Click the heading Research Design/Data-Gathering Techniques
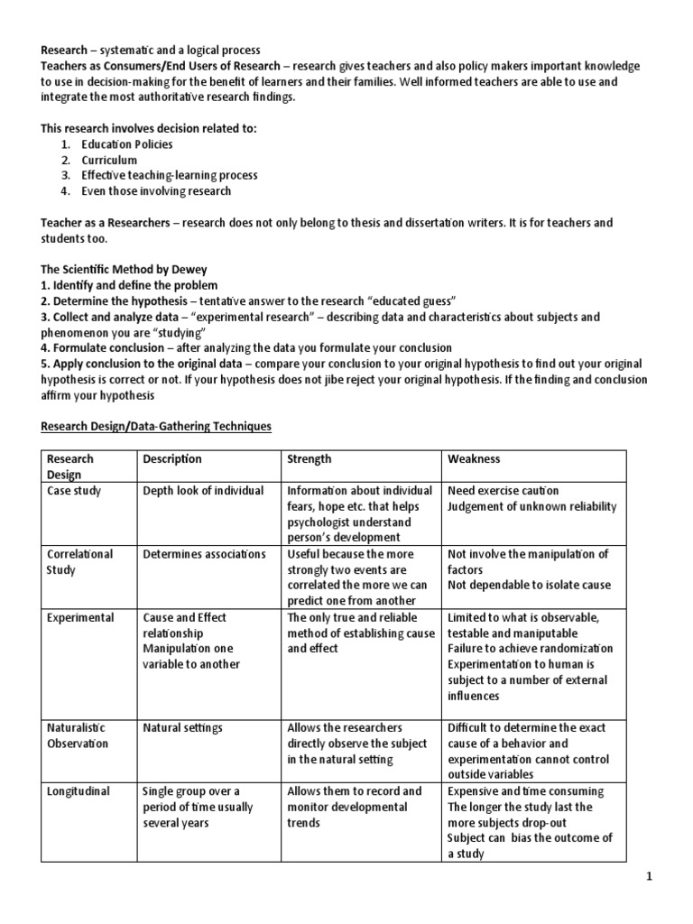tap(156, 426)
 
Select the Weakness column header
tap(474, 458)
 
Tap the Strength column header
tap(309, 458)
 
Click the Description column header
tap(172, 458)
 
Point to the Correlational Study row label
tap(79, 561)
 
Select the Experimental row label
tap(81, 617)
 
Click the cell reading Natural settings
tap(182, 727)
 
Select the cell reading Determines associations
tap(204, 554)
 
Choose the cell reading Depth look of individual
tap(203, 490)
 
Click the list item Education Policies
tap(127, 144)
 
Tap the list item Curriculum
tap(109, 160)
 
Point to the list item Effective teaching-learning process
tap(170, 175)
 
